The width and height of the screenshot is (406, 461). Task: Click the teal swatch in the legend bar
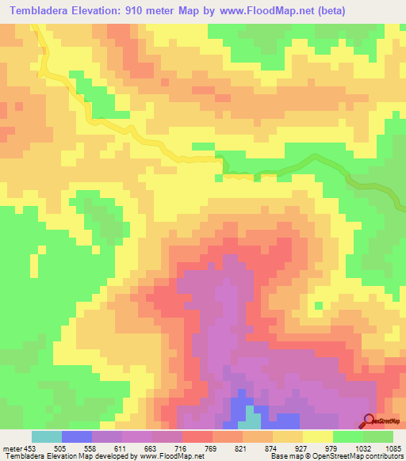[x=47, y=436]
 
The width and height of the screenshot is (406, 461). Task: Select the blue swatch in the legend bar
[x=77, y=436]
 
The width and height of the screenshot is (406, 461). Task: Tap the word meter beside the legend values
[x=11, y=448]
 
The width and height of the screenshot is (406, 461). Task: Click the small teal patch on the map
[x=252, y=417]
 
